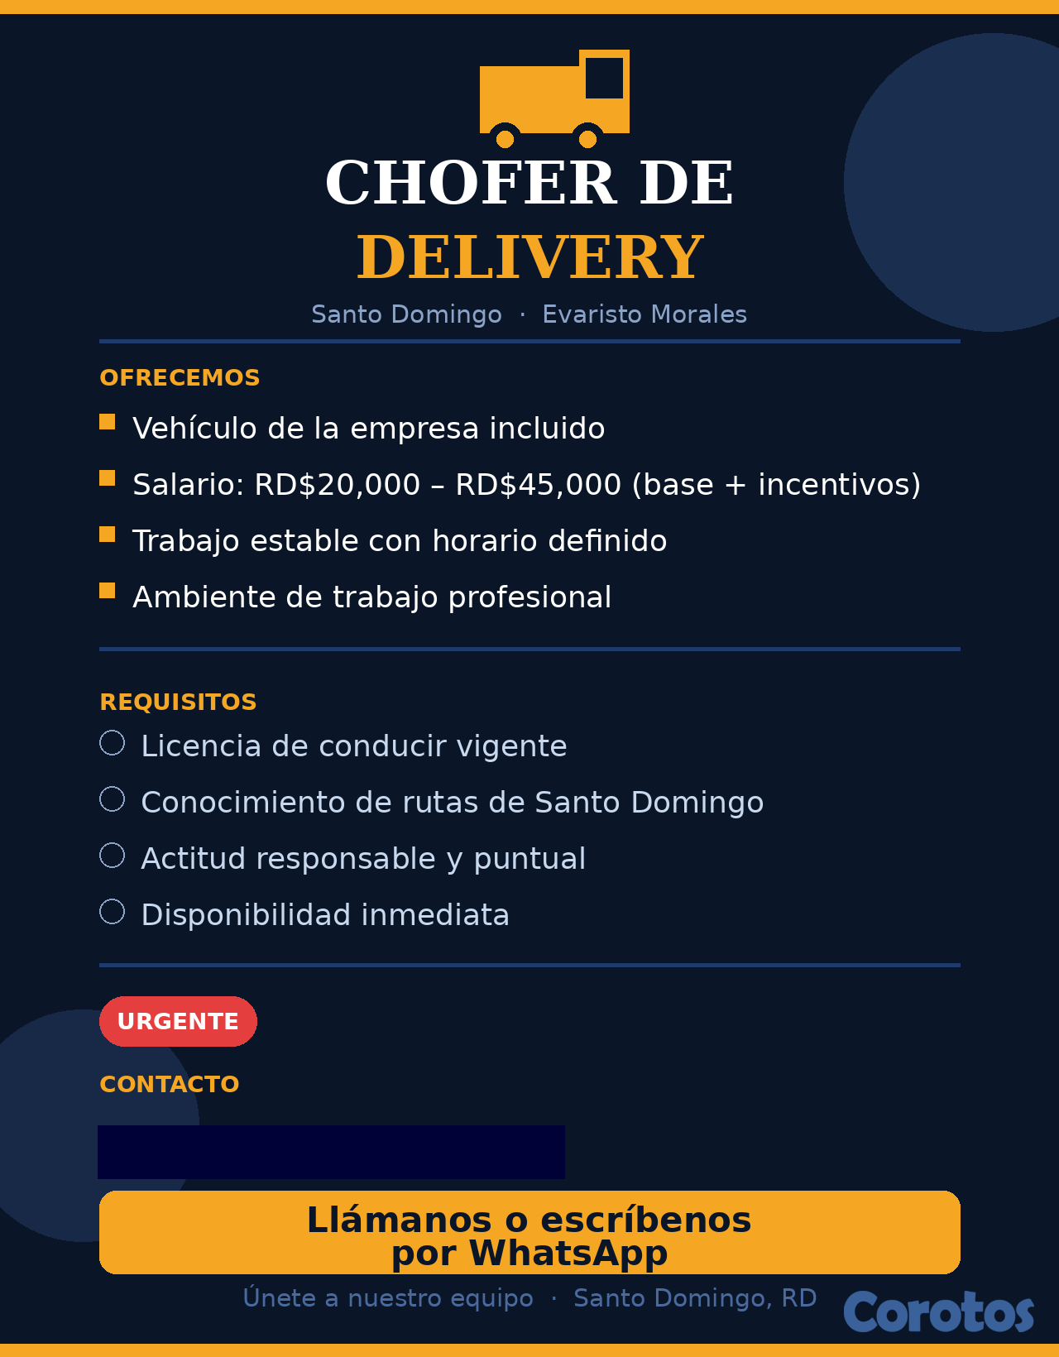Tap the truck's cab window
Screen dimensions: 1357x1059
[x=604, y=78]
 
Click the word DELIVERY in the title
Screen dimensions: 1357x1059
[x=529, y=257]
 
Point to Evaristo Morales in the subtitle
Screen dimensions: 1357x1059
[x=645, y=314]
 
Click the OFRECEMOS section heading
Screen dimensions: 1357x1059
[x=180, y=377]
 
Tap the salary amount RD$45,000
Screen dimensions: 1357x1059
[x=538, y=485]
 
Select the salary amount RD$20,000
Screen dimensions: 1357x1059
[x=337, y=485]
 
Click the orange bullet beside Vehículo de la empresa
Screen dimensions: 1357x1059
[x=108, y=422]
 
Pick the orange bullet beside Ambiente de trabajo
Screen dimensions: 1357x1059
[x=108, y=591]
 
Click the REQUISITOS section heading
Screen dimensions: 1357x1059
[x=178, y=702]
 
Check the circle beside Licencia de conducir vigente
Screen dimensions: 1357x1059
[x=113, y=743]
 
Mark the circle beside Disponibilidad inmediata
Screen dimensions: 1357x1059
[x=113, y=912]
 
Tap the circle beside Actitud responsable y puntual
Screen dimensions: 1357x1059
[x=113, y=856]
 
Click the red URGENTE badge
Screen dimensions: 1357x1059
[x=178, y=1021]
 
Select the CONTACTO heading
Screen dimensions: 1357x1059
[x=169, y=1084]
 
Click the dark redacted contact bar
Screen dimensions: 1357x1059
[x=331, y=1152]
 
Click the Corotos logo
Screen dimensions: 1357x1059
[x=938, y=1312]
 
